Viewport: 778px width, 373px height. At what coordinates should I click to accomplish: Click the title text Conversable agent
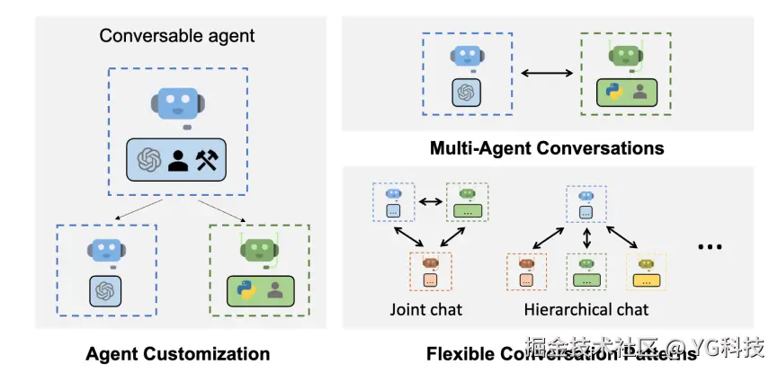click(x=177, y=37)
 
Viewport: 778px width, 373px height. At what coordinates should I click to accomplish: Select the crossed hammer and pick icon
click(x=208, y=159)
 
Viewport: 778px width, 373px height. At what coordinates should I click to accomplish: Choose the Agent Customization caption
click(x=177, y=353)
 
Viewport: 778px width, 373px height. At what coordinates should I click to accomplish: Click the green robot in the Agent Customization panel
click(x=259, y=251)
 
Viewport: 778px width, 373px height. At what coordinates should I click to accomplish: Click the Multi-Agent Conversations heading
click(x=547, y=147)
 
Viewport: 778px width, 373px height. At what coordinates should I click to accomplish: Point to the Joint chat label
click(x=425, y=310)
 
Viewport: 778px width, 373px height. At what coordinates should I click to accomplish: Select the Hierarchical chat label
click(x=586, y=310)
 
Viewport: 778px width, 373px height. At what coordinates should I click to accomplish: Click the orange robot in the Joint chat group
click(x=430, y=263)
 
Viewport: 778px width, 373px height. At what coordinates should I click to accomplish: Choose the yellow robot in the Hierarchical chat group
click(x=644, y=263)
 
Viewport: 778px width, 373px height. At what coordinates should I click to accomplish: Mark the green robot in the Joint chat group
click(x=466, y=193)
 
